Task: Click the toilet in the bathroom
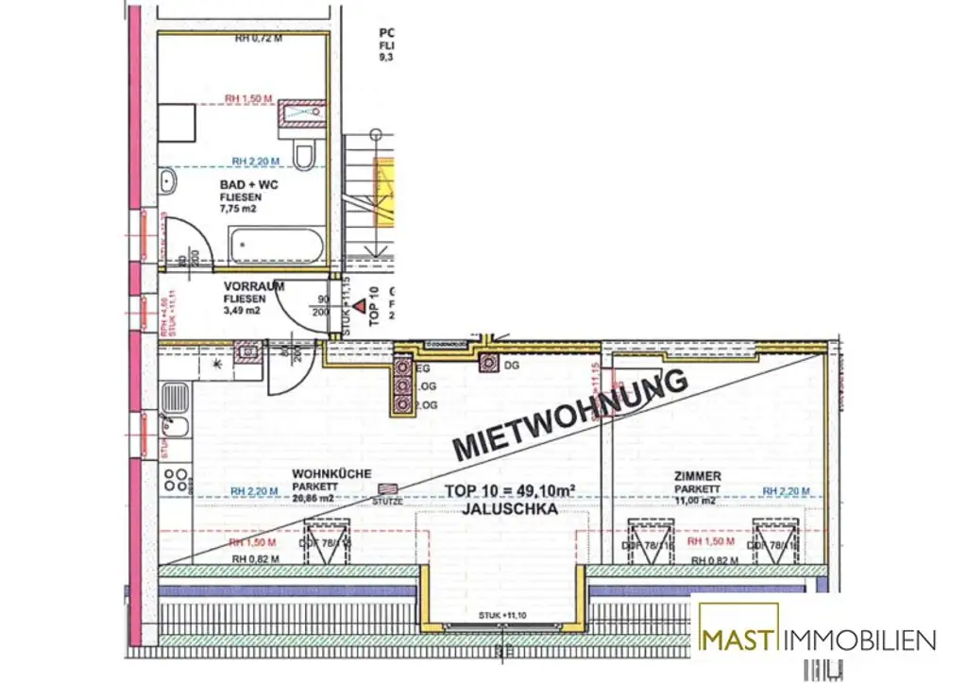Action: pos(304,153)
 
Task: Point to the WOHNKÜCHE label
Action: pos(331,474)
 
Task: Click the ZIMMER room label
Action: pos(698,476)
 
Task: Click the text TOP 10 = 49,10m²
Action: pos(511,490)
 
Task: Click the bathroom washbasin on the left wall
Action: pos(168,181)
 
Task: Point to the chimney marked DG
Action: pos(488,363)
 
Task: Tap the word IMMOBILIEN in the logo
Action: pos(858,640)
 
